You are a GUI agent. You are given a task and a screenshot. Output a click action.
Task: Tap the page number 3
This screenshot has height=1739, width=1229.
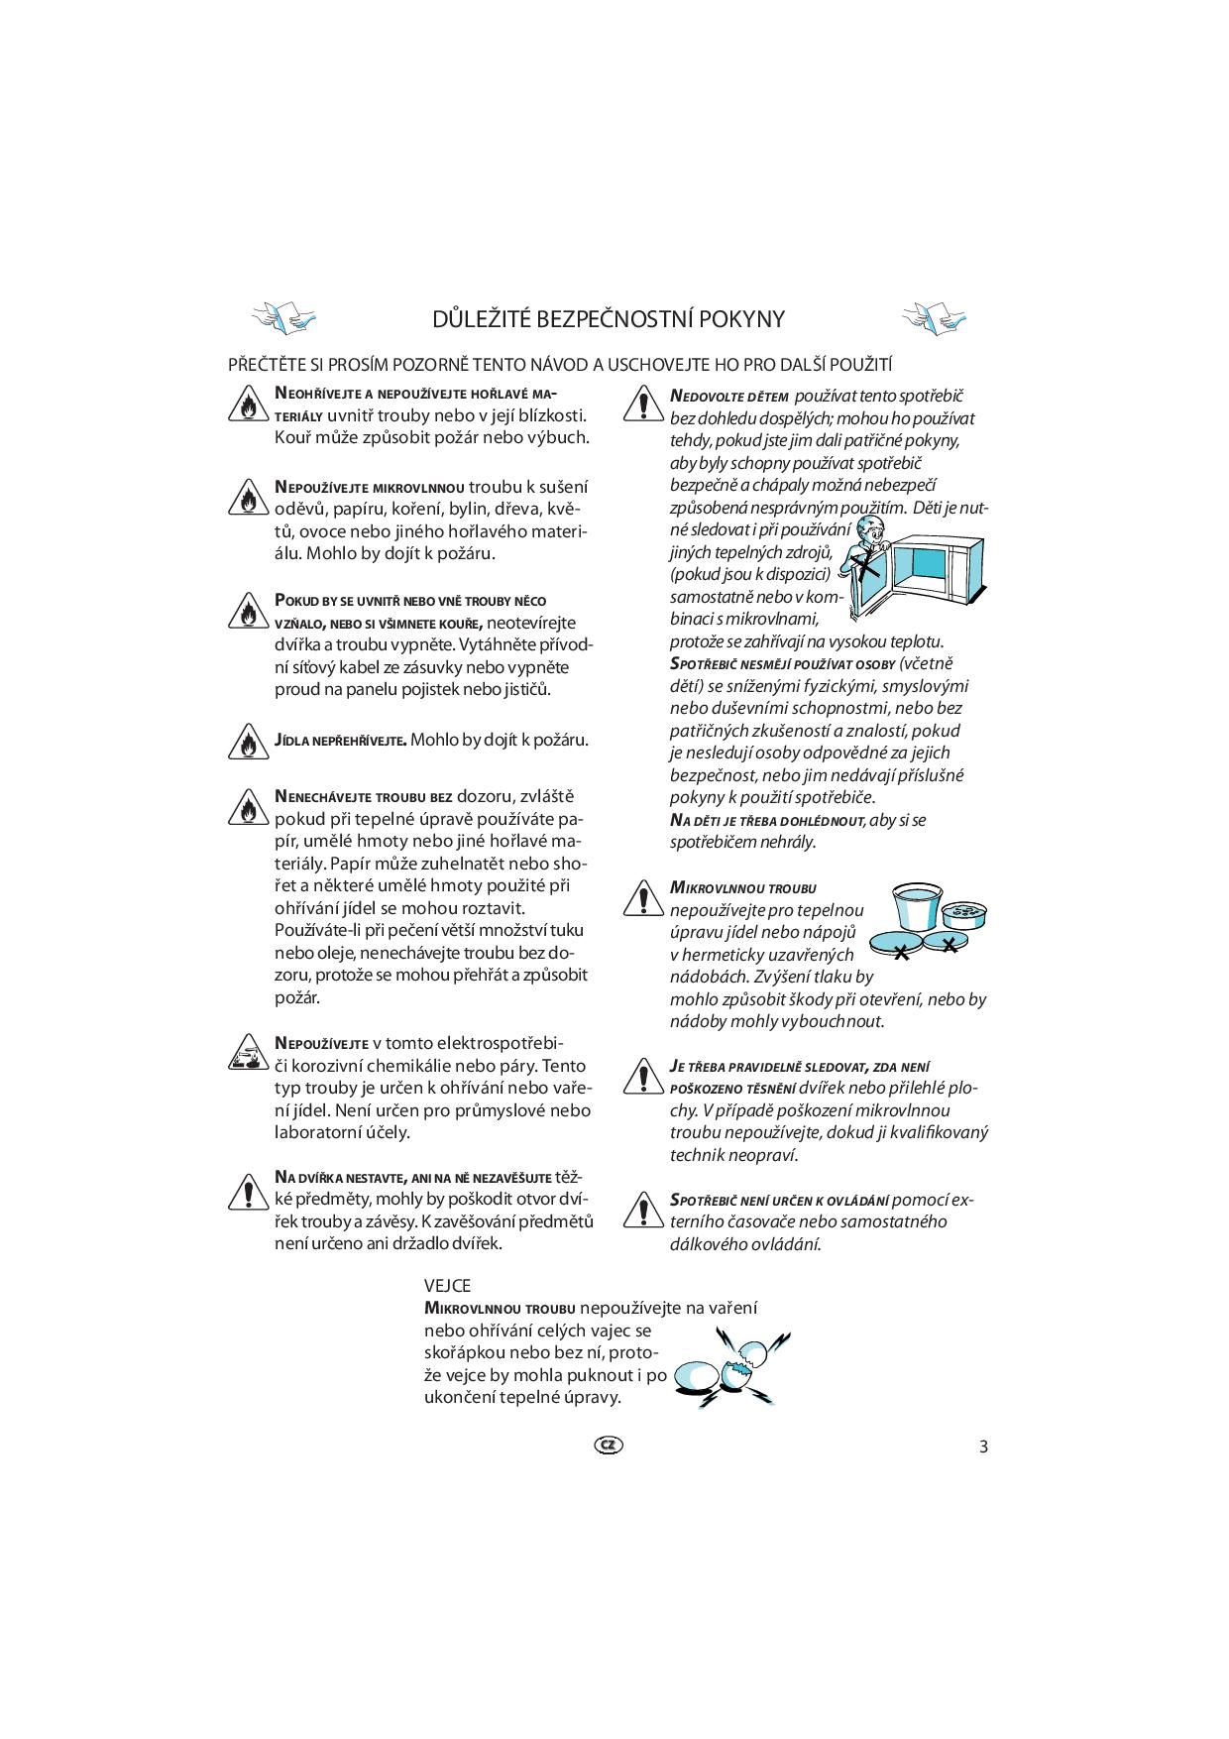pyautogui.click(x=983, y=1446)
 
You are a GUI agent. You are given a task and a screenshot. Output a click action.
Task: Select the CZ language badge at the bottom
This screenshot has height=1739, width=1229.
pyautogui.click(x=609, y=1445)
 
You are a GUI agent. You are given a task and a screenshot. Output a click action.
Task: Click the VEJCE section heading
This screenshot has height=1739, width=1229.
pyautogui.click(x=447, y=1286)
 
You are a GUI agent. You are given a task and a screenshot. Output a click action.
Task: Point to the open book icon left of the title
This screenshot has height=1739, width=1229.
pyautogui.click(x=284, y=316)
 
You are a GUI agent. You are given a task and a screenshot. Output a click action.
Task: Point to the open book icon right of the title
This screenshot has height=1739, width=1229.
pyautogui.click(x=934, y=316)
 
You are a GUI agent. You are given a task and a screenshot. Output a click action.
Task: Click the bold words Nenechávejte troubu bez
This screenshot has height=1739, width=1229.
pyautogui.click(x=364, y=796)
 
